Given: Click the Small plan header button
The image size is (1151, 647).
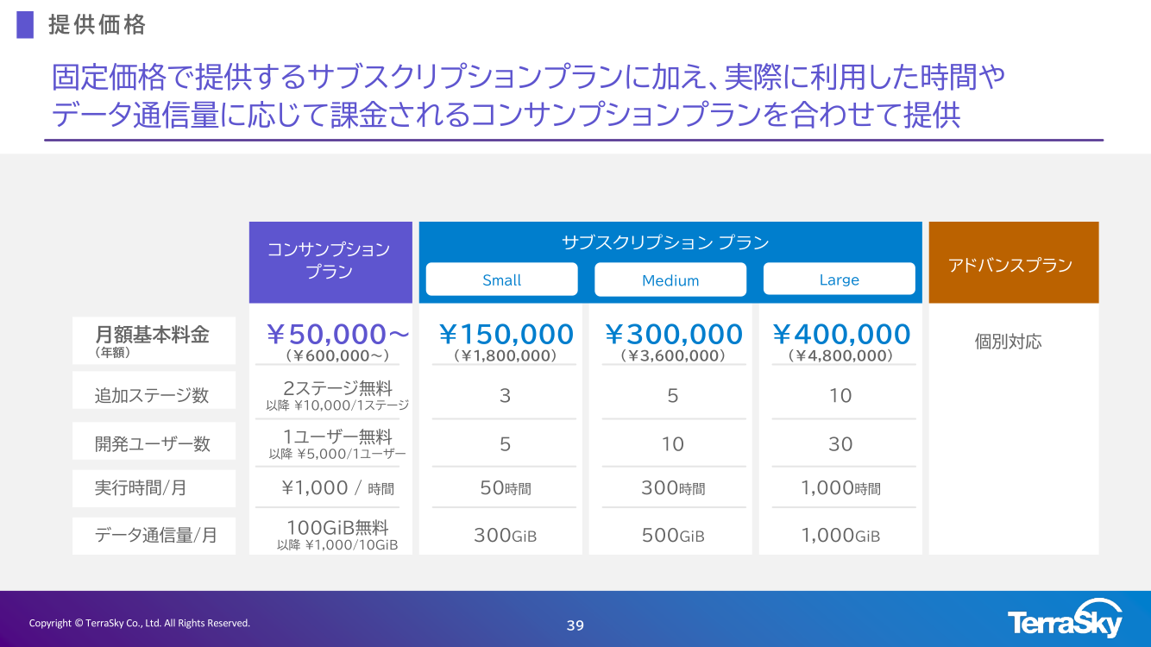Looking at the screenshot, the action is point(501,280).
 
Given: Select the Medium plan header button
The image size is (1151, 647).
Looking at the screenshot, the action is point(670,280).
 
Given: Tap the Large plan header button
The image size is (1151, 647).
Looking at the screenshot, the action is point(840,279).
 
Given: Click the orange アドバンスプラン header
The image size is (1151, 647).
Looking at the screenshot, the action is point(1013,262).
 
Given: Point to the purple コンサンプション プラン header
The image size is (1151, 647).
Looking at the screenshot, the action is point(330,262).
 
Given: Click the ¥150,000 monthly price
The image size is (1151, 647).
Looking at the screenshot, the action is point(506,335).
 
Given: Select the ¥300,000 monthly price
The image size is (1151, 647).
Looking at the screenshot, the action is point(674,335).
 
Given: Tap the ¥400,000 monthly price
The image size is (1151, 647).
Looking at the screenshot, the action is point(841,335).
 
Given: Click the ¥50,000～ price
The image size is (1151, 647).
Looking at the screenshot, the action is point(337,335).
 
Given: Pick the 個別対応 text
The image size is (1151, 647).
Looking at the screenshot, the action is point(1008,342).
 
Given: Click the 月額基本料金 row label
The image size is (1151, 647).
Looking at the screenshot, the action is point(152,335).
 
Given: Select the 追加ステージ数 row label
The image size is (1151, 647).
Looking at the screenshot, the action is point(152,395).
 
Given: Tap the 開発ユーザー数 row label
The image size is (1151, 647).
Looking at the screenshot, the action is point(152,443).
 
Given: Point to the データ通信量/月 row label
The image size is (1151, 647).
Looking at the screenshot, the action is point(155,535).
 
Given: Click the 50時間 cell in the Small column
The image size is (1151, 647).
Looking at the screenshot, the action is point(506,487).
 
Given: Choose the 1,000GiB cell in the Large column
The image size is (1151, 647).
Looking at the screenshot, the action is point(840,536).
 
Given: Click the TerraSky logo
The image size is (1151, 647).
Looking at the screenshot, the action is point(1065,619).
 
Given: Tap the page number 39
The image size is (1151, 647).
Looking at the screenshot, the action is point(575,625).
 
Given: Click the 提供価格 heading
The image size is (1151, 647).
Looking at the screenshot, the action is point(97,25).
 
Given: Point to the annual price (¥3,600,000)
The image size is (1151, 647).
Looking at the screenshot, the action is point(673,355).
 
